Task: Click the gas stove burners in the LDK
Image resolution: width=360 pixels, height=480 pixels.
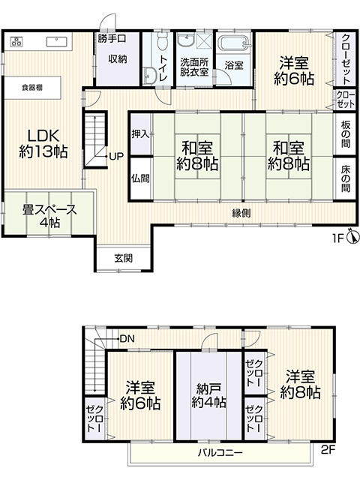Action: [16, 41]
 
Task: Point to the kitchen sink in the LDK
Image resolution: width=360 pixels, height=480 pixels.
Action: [57, 41]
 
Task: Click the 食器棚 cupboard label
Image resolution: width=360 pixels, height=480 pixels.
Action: [32, 88]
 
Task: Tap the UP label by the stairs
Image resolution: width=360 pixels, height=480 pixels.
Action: [116, 157]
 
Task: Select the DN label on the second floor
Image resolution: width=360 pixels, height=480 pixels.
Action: [127, 339]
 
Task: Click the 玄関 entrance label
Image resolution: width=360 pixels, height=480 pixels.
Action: [124, 258]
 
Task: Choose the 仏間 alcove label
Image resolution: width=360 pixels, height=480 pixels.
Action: [141, 178]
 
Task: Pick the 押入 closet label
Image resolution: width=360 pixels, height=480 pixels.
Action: [141, 133]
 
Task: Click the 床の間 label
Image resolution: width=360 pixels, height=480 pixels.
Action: [346, 178]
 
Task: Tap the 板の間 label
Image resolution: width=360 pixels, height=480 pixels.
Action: [346, 134]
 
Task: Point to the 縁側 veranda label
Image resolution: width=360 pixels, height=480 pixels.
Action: [241, 213]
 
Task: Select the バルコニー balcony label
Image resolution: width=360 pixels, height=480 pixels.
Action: [220, 452]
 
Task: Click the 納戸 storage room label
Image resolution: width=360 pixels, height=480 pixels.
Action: [208, 388]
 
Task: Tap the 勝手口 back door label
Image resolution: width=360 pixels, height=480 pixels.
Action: [112, 38]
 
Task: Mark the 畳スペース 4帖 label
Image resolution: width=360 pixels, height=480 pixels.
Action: [49, 216]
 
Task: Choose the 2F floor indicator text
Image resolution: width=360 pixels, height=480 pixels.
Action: [328, 450]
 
